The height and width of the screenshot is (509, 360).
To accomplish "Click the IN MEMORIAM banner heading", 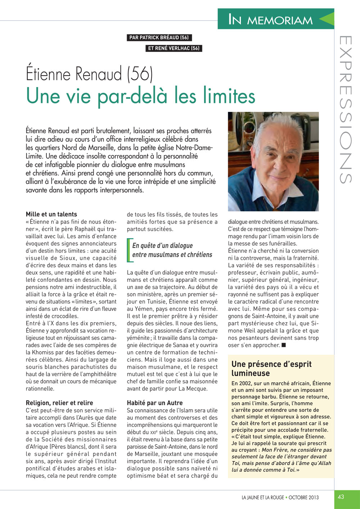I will coord(270,20).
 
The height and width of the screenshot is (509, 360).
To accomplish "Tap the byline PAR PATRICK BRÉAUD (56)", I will coord(159,37).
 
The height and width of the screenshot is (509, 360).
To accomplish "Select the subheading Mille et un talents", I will coord(51,214).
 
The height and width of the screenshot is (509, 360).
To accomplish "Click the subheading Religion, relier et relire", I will coord(59,403).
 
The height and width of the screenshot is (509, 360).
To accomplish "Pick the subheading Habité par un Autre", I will coord(155,403).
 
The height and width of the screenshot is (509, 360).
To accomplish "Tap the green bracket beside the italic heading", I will coord(129,250).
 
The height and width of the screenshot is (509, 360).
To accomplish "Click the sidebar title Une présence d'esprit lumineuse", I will coord(271,368).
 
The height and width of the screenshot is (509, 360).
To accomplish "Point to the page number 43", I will coord(341,497).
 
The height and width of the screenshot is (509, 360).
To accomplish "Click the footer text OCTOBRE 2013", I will coord(303,497).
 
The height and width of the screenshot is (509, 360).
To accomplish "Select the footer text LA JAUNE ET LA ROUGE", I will coord(263,497).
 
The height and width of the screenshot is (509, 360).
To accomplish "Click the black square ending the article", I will coord(284,345).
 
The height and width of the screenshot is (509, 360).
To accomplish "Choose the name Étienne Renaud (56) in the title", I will coord(89,74).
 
